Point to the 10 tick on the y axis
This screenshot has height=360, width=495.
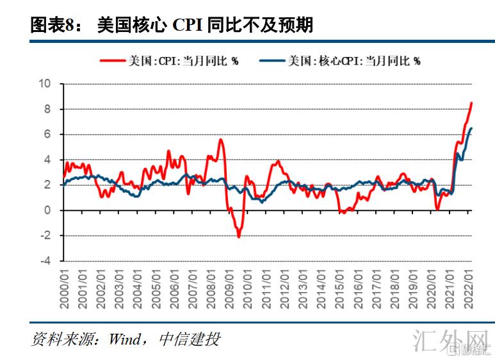pos(44,83)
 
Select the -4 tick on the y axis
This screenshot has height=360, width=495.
pos(45,261)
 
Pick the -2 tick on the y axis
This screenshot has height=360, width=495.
pos(45,236)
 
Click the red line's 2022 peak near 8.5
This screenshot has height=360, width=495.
pos(472,102)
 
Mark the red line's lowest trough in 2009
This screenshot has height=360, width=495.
pos(239,237)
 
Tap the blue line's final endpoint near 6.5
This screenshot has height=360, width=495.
pos(472,128)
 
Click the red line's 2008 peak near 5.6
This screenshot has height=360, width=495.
pos(221,140)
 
